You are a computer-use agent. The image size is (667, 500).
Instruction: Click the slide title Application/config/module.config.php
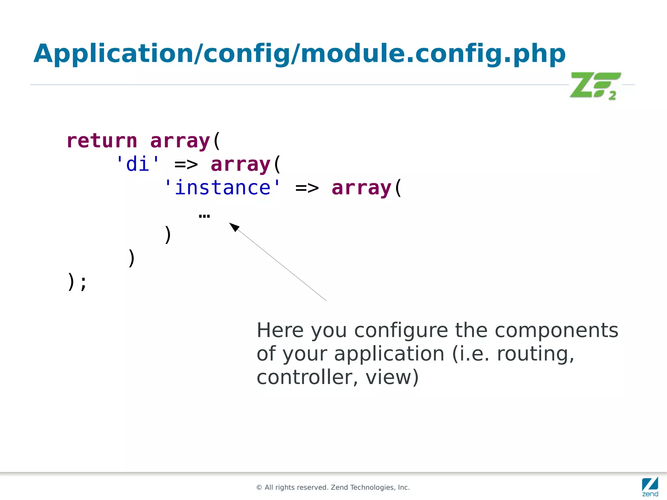tap(299, 54)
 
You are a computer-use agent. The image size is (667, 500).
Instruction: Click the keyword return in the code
tap(102, 141)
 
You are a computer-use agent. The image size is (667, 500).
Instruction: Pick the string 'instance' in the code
tap(222, 188)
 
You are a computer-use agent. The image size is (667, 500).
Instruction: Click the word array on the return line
tap(180, 141)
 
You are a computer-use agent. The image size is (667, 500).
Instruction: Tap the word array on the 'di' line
tap(241, 164)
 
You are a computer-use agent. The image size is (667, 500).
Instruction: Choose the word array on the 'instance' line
tap(362, 188)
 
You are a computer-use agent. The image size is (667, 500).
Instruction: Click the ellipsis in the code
tap(204, 216)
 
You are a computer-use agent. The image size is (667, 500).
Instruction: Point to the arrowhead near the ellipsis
tap(234, 227)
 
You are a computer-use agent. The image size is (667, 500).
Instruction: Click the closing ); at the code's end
tap(77, 282)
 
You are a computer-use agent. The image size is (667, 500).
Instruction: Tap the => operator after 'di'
tap(186, 164)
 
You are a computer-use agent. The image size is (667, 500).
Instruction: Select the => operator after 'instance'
tap(307, 188)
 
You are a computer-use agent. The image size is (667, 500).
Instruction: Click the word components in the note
tap(556, 331)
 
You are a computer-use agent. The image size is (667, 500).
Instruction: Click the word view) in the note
tap(392, 377)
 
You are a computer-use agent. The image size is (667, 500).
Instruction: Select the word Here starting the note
tap(280, 330)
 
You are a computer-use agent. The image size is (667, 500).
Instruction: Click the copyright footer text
tap(333, 487)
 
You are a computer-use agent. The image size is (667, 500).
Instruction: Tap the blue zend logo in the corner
tap(650, 486)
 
